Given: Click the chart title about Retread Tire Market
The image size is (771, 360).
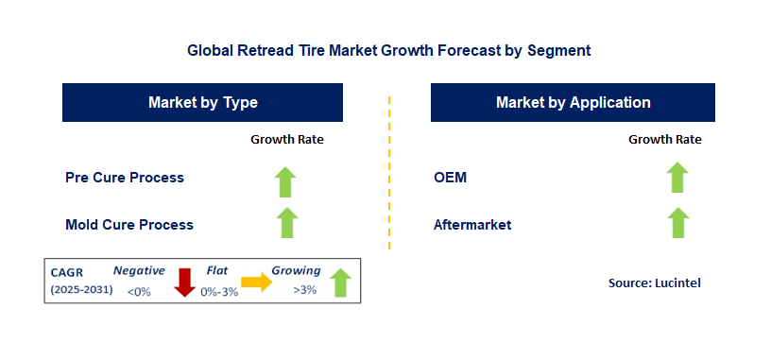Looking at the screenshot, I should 388,50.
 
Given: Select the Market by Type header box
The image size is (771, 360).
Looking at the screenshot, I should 202,102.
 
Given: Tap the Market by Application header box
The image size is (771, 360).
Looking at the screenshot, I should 573,102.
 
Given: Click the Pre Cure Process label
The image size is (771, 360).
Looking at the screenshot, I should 124,178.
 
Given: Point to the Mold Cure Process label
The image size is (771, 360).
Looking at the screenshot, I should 128,225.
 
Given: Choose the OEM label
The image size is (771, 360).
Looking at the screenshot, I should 450,178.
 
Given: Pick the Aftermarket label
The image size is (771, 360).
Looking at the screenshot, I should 471,225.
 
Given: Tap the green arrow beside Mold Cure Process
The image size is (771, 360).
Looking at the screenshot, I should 286,223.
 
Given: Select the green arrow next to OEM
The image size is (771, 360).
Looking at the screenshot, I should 677,178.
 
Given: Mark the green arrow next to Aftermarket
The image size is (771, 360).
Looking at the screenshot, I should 677,223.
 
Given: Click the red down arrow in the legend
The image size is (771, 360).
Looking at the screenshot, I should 185,282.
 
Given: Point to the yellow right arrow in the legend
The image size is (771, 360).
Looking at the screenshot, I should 256,282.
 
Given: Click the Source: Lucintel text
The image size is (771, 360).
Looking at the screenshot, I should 655,283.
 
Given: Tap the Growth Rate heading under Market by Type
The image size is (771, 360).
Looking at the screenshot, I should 286,140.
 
